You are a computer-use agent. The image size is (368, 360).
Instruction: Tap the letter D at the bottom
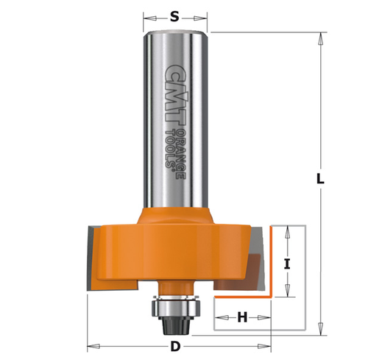[175, 347]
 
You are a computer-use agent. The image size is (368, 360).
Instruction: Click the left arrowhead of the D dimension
[90, 347]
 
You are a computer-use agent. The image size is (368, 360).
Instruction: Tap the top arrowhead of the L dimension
[321, 36]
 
